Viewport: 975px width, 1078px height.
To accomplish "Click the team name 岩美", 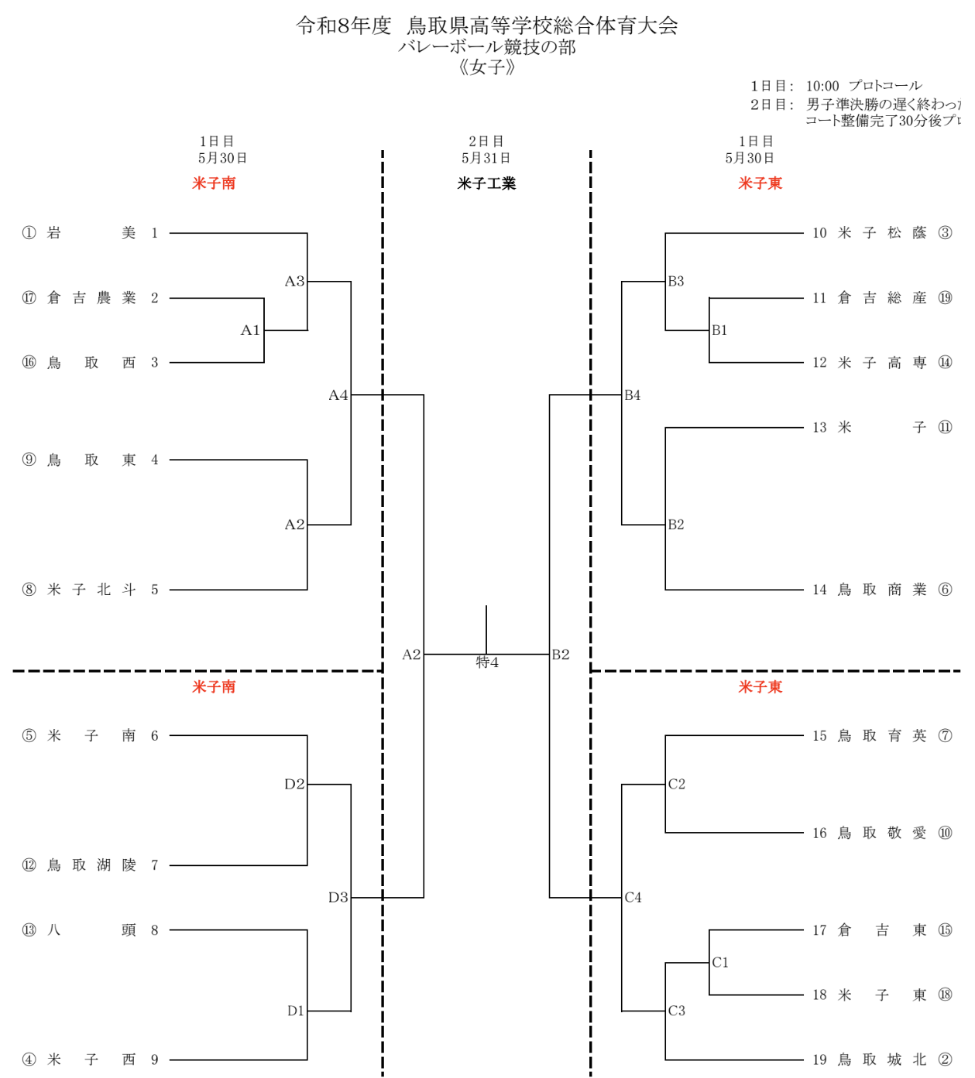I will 91,233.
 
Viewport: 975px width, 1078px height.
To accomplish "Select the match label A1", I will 250,330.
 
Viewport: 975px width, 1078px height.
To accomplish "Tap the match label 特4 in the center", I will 487,662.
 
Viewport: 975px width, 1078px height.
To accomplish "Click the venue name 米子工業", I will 486,183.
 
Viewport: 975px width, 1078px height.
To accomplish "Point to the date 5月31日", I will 486,158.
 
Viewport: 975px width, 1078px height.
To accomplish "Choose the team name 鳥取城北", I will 882,1059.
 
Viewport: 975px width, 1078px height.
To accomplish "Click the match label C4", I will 633,898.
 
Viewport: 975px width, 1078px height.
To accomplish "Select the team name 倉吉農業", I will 91,298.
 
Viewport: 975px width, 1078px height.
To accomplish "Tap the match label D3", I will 338,898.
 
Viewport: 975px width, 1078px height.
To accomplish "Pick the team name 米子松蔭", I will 882,233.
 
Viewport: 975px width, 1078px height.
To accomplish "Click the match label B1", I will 720,330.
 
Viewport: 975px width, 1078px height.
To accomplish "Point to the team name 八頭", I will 91,930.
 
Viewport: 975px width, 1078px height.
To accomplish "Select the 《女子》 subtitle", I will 486,67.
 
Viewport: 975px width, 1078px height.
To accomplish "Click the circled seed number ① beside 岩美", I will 29,233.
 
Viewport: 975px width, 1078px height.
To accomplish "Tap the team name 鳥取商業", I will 882,590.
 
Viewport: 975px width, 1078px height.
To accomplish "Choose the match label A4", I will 338,395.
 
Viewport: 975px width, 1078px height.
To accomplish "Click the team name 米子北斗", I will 91,590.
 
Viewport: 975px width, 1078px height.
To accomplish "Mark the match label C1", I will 721,963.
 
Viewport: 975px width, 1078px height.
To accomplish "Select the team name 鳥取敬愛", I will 882,833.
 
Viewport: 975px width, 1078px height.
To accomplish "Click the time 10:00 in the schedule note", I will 822,86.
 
